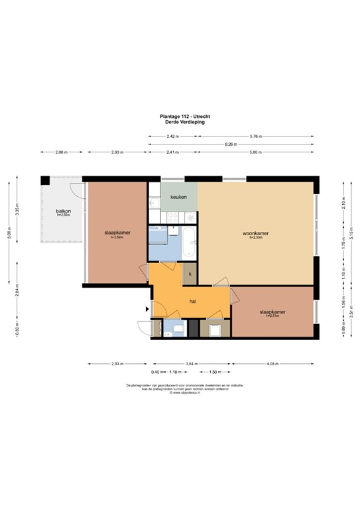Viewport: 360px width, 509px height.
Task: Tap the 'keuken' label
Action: click(178, 198)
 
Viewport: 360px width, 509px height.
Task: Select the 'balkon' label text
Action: click(63, 211)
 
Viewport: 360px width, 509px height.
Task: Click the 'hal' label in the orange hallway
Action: click(192, 301)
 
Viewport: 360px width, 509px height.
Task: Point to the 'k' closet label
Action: click(190, 273)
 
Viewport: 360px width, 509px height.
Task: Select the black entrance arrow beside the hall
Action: click(147, 308)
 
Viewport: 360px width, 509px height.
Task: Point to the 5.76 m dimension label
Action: click(255, 136)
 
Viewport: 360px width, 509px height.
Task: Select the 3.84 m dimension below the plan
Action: click(192, 364)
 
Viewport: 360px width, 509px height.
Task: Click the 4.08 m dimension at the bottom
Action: click(272, 364)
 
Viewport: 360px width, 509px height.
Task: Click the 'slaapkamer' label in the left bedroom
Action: click(117, 233)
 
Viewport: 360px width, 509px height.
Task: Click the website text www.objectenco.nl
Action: click(180, 392)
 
